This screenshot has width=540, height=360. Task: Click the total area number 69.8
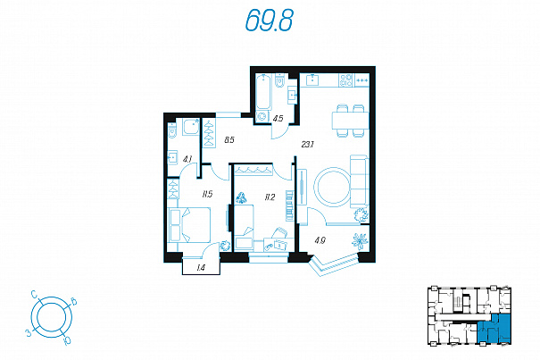click(270, 20)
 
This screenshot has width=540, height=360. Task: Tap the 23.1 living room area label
click(307, 145)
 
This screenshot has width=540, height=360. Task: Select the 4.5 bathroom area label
click(278, 119)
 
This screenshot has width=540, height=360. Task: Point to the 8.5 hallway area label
click(229, 140)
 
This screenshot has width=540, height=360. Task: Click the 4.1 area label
click(187, 159)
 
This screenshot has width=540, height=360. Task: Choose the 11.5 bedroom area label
click(207, 195)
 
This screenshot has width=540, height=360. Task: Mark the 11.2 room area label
click(270, 197)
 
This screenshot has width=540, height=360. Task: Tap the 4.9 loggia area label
click(320, 240)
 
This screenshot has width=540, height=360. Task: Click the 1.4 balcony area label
click(201, 268)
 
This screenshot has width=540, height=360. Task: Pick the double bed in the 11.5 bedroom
click(188, 225)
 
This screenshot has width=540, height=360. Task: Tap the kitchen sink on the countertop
click(312, 80)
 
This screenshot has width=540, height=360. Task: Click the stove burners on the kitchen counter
click(346, 80)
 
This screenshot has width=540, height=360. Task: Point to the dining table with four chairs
click(350, 121)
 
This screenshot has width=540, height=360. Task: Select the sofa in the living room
click(360, 181)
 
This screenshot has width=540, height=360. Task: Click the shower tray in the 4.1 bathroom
click(191, 127)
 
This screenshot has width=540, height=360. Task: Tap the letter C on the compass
click(34, 294)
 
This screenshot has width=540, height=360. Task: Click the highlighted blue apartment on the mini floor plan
click(494, 329)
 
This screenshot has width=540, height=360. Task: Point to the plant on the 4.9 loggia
click(361, 240)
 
